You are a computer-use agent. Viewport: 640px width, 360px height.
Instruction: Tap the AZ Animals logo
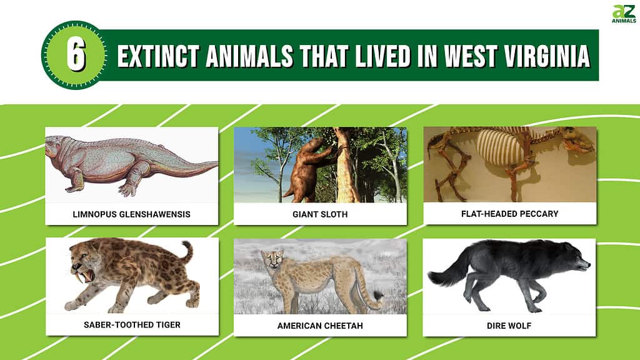point(624,14)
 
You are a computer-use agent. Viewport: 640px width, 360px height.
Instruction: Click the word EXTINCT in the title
point(158,56)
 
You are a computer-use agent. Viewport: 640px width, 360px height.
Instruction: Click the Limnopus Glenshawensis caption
point(131,214)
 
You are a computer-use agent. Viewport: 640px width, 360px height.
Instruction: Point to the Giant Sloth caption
point(320,214)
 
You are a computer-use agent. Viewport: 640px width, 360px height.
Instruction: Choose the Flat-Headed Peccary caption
point(510,214)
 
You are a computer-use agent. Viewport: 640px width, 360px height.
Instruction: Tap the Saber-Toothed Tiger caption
point(132,325)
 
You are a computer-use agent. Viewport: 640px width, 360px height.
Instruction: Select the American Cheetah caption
point(320,326)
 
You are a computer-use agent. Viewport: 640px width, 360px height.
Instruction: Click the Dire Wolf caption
point(509,326)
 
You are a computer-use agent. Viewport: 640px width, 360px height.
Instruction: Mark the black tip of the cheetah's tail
point(378,296)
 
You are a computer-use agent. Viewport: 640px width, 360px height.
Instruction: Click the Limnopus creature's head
point(56,146)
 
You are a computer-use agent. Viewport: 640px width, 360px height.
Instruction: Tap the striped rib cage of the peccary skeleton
point(500,147)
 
